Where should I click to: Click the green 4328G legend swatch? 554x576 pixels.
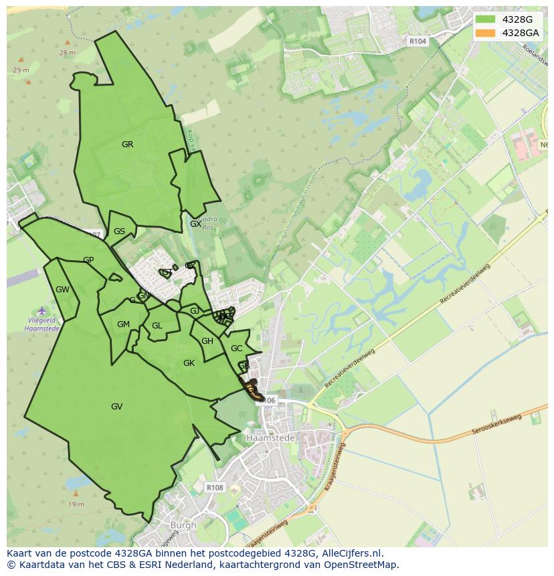click(x=486, y=19)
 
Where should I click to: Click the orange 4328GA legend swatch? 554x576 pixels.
click(x=486, y=33)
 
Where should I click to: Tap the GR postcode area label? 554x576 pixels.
click(x=127, y=144)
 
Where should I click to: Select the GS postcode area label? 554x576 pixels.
click(x=119, y=231)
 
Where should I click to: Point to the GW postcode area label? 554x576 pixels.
click(x=62, y=290)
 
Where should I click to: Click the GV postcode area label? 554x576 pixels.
click(x=116, y=406)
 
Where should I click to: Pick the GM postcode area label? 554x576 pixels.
click(x=123, y=324)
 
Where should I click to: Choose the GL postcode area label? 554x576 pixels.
click(x=157, y=326)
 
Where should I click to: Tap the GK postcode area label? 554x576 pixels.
click(x=189, y=363)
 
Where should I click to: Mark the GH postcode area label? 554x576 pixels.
click(x=207, y=341)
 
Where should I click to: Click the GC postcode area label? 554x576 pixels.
click(x=236, y=349)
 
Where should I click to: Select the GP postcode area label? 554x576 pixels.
click(x=88, y=260)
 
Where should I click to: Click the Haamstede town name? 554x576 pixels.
click(x=266, y=438)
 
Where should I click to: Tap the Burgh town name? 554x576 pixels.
click(x=183, y=525)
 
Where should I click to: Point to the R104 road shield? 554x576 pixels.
click(x=418, y=41)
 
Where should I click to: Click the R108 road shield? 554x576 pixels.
click(x=215, y=488)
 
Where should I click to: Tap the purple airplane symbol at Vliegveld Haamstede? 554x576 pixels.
click(x=41, y=310)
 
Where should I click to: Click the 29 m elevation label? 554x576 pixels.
click(x=21, y=70)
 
